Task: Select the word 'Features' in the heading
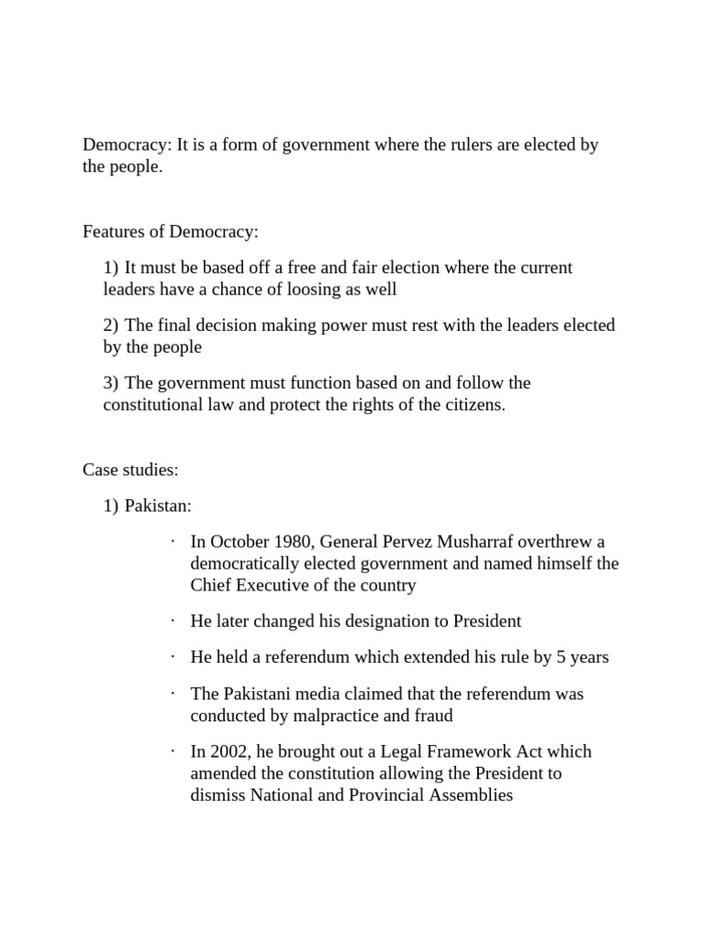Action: click(x=112, y=232)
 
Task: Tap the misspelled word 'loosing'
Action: click(x=334, y=290)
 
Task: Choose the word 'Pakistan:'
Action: click(x=158, y=505)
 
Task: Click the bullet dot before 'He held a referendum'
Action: click(x=172, y=656)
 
